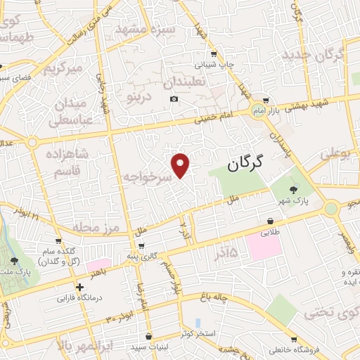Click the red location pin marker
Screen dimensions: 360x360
181,165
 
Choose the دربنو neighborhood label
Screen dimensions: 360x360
139,98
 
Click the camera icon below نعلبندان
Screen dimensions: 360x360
174,99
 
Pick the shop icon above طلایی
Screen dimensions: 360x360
271,219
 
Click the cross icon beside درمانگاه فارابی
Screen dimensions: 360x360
79,287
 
